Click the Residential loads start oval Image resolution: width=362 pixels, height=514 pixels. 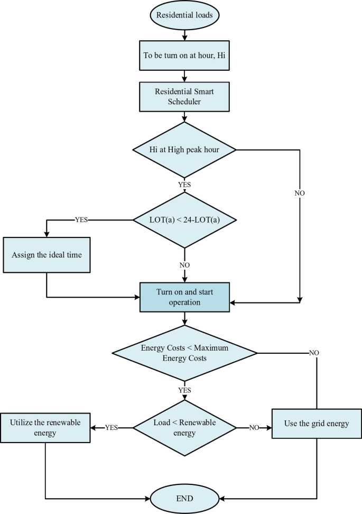click(x=184, y=15)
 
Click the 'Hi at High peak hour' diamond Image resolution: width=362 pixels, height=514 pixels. click(x=184, y=150)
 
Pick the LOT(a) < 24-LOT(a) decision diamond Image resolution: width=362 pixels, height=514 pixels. click(x=184, y=219)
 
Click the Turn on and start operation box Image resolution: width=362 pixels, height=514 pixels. click(x=184, y=297)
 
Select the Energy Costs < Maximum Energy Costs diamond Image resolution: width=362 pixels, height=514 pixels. click(x=184, y=353)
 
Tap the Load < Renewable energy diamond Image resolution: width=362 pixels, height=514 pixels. click(x=184, y=428)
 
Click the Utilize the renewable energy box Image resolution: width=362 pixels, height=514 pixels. click(x=46, y=428)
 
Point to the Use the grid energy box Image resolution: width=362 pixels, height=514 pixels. click(x=317, y=424)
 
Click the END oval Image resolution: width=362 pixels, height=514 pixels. click(x=184, y=498)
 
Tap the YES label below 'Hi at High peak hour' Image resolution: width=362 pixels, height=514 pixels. click(x=184, y=185)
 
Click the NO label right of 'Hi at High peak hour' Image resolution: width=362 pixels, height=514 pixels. click(x=300, y=193)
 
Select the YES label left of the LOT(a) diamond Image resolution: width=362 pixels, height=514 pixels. click(x=82, y=219)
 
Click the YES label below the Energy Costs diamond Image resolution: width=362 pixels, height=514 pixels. click(x=184, y=390)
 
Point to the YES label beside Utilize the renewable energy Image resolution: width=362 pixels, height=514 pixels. click(x=112, y=428)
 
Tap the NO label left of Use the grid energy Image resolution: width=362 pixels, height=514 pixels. click(x=253, y=428)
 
